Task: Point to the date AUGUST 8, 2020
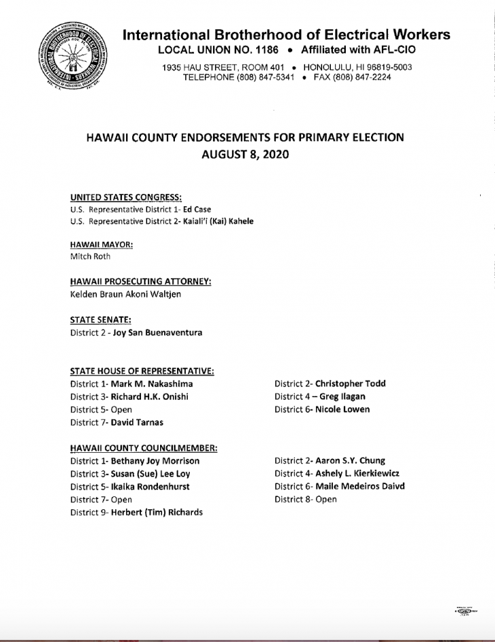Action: click(245, 154)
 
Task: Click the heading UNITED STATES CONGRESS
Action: click(125, 197)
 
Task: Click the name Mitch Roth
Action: click(90, 257)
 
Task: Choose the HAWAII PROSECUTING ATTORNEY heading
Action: click(140, 282)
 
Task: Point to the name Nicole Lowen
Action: click(342, 409)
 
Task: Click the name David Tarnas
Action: click(137, 422)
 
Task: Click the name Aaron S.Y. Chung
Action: click(351, 461)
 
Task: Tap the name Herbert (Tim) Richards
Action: click(157, 513)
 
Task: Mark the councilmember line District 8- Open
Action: click(305, 500)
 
